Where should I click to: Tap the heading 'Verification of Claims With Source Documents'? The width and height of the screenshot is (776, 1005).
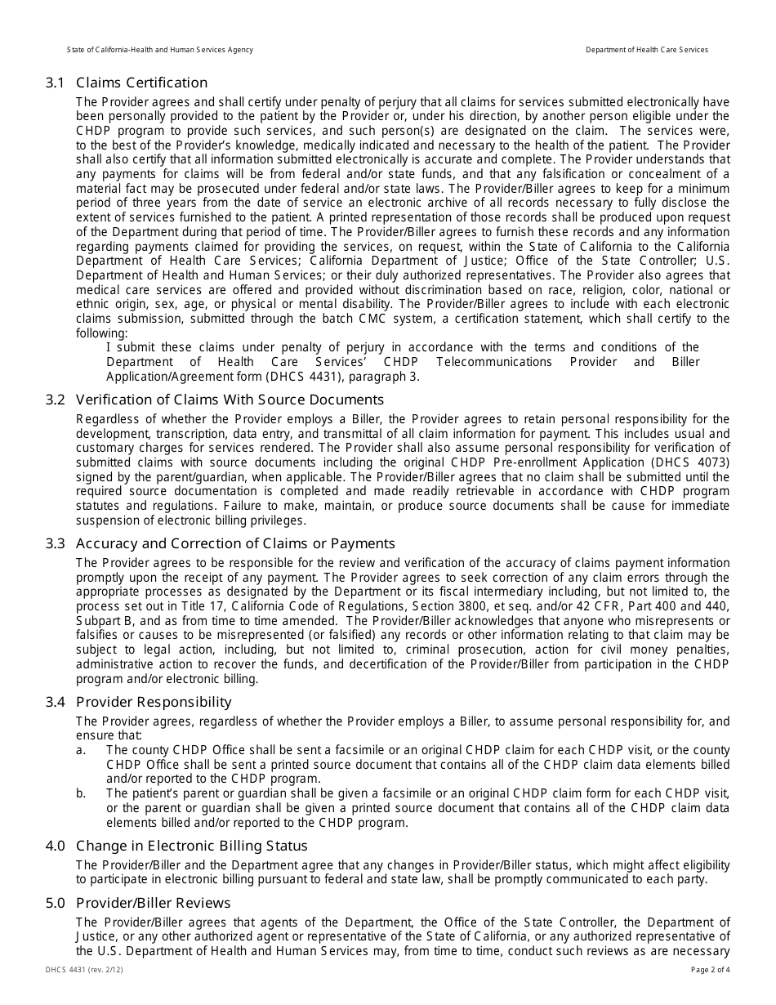[x=230, y=400]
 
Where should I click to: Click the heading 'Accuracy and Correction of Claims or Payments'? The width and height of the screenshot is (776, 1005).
[x=235, y=543]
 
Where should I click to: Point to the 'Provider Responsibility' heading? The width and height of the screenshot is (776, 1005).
[x=154, y=702]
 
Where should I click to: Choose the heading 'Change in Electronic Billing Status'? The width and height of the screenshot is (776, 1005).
[x=192, y=846]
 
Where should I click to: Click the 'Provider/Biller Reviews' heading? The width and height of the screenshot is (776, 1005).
[x=154, y=903]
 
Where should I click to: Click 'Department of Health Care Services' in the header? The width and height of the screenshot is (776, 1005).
[x=647, y=50]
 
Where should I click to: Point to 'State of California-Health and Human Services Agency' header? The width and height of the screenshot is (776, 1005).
[x=160, y=50]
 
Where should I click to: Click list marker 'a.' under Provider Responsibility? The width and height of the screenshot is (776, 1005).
[x=81, y=750]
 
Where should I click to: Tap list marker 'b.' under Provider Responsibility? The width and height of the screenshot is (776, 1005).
[x=81, y=793]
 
